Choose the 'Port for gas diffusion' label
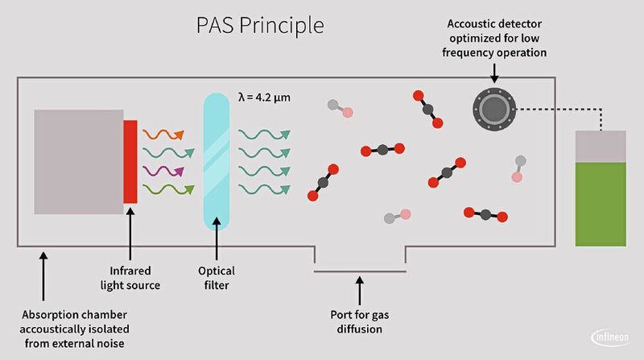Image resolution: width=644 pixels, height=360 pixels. (360, 321)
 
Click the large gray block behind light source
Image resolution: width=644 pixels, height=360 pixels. (78, 162)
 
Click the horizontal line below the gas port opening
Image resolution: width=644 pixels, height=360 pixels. (360, 271)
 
